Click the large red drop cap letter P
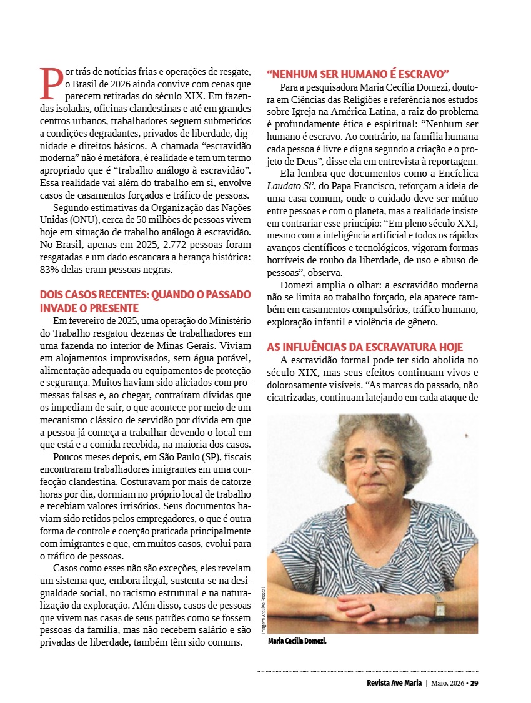[x=51, y=84]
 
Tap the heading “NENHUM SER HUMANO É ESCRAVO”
[x=358, y=73]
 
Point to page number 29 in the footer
[x=474, y=683]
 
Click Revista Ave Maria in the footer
[x=394, y=683]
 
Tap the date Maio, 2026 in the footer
[x=448, y=683]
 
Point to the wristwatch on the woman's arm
[x=439, y=606]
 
